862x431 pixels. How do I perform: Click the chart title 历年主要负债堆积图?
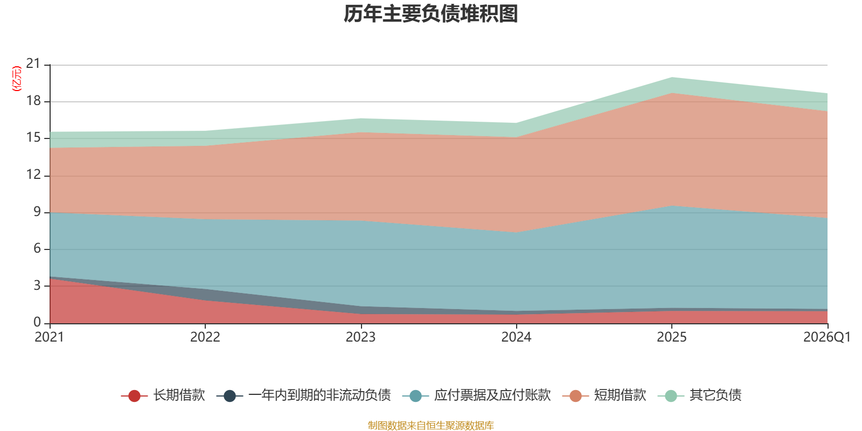(x=430, y=14)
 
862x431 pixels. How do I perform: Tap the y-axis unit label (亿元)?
(x=17, y=79)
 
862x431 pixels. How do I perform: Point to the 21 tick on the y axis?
(x=33, y=64)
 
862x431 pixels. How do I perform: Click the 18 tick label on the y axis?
(x=33, y=101)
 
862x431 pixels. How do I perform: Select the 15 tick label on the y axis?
(x=33, y=138)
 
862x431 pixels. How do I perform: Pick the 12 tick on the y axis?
(x=33, y=175)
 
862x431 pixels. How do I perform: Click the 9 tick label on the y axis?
(x=37, y=212)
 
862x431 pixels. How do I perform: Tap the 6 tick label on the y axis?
(x=37, y=248)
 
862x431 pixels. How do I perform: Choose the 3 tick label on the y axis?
(x=37, y=286)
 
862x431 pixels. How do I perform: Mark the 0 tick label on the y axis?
(x=37, y=322)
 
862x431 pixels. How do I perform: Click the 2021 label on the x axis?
(x=49, y=337)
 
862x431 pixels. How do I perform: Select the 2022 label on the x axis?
(x=205, y=337)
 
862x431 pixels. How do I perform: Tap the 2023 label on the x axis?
(x=360, y=337)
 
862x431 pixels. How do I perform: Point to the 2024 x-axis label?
(x=516, y=337)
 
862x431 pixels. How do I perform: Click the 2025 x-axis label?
(x=671, y=337)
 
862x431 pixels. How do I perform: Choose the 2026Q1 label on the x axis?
(x=827, y=337)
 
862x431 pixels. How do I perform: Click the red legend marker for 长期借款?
(x=134, y=395)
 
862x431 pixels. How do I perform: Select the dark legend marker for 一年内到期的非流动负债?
(x=230, y=395)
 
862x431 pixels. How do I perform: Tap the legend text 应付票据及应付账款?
(x=492, y=395)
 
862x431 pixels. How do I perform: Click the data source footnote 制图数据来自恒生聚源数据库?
(x=430, y=425)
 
